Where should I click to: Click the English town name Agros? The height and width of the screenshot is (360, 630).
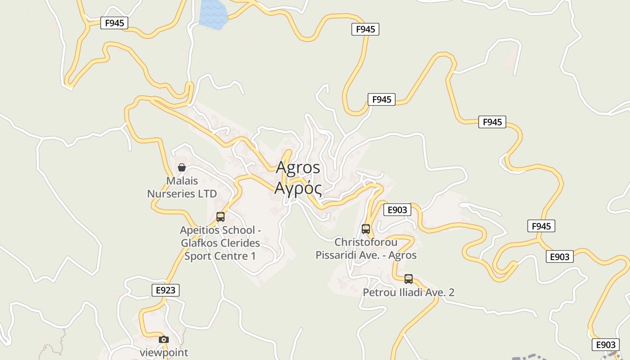coord(298,167)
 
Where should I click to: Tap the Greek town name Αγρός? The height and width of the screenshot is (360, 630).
coord(298,188)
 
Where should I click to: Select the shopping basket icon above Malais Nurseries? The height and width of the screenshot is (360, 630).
coord(182,167)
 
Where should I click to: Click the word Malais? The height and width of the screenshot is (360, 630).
coord(182,181)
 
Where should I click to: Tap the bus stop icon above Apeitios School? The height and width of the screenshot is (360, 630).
coord(220,216)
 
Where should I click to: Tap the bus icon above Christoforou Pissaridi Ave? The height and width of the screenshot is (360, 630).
coord(366,229)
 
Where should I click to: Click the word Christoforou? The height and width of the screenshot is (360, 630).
coord(366,242)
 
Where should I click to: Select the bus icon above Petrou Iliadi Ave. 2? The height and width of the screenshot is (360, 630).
coord(409,279)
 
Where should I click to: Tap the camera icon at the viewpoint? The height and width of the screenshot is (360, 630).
coord(164,339)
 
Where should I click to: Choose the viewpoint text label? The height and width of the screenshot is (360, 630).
coord(164,352)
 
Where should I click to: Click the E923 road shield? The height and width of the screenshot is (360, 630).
coord(166,290)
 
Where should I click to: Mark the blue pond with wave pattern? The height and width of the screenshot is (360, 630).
coord(212,14)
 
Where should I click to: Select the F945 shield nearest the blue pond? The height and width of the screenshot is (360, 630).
coord(114,23)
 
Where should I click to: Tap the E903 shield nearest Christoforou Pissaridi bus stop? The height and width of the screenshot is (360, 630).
coord(397,210)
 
